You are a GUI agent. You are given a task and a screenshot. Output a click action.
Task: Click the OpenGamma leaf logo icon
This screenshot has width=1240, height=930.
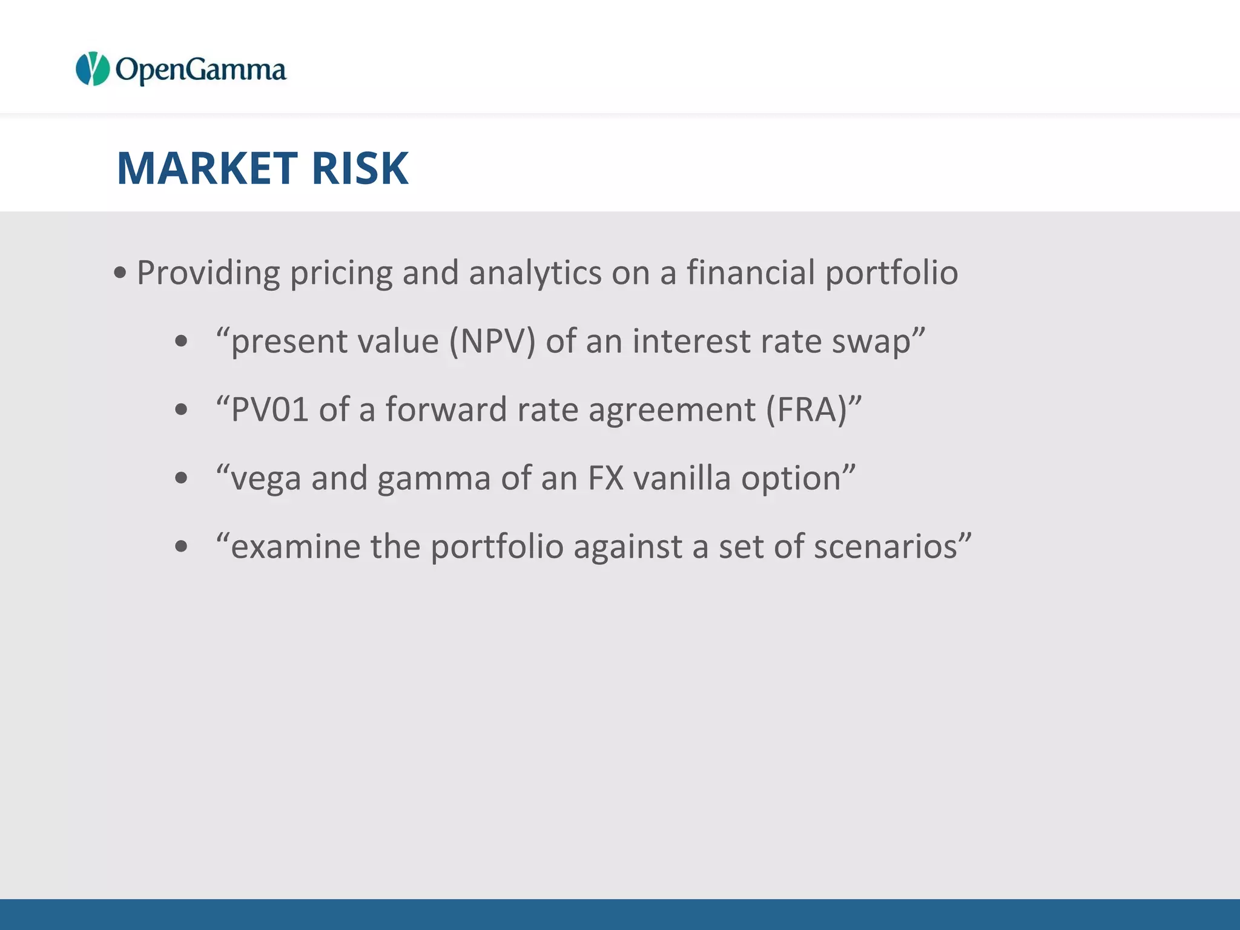(x=92, y=69)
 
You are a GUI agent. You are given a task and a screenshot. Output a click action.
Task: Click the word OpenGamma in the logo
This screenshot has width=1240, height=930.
(x=200, y=70)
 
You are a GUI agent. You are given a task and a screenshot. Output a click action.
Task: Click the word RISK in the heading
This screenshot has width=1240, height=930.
(x=360, y=168)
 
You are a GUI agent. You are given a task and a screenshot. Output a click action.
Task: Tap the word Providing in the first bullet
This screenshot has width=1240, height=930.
(x=208, y=272)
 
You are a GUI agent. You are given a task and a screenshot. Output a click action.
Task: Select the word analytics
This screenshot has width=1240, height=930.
(x=535, y=272)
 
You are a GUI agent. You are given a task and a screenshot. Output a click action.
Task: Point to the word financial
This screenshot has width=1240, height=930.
(x=751, y=272)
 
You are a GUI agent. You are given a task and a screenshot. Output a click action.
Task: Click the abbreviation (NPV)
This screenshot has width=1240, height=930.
(x=492, y=341)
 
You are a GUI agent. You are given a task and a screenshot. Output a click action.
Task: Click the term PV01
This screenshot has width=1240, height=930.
(x=270, y=409)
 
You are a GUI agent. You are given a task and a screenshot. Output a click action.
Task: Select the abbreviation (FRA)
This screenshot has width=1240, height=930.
(x=806, y=409)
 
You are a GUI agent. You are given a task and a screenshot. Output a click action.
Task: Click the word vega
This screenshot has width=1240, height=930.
(x=266, y=479)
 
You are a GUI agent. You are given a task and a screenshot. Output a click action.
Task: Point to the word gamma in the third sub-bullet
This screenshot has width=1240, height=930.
(x=434, y=479)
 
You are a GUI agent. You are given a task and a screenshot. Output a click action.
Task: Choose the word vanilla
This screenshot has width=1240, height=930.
(x=682, y=478)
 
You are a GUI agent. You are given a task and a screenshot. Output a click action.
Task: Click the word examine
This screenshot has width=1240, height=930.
(x=295, y=546)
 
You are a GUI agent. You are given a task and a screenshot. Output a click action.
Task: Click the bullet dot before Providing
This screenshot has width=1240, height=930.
(x=120, y=273)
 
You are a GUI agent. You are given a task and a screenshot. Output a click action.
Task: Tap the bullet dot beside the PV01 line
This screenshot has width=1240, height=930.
(x=181, y=410)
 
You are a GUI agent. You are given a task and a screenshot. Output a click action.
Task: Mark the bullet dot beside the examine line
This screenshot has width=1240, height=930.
(x=181, y=547)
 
